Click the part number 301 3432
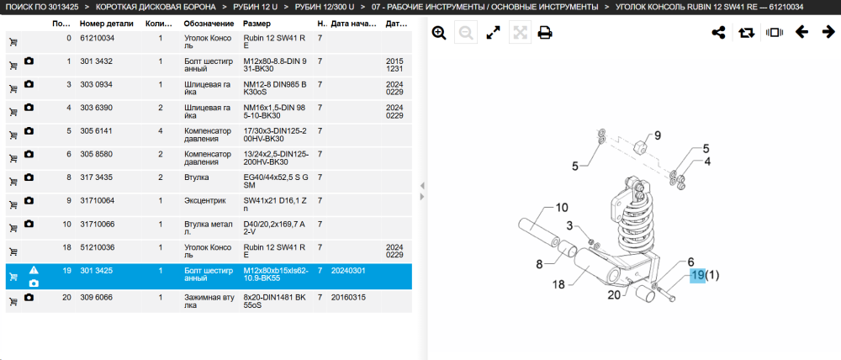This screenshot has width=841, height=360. (96, 61)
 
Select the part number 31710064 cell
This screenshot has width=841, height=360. (97, 201)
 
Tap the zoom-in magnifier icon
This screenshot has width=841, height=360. (439, 34)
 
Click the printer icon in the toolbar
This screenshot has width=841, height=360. (545, 34)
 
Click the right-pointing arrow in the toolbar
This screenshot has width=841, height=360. (828, 32)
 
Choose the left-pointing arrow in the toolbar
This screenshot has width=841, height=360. (801, 32)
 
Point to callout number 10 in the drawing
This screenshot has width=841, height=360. (561, 208)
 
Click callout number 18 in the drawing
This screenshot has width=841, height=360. (558, 284)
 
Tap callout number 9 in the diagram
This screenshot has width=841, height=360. (658, 135)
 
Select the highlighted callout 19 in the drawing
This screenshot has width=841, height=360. (697, 275)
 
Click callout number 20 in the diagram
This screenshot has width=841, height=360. (615, 294)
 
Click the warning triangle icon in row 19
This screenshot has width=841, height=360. (34, 270)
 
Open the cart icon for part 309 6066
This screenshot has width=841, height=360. (13, 301)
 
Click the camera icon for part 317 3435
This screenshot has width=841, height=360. (29, 177)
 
